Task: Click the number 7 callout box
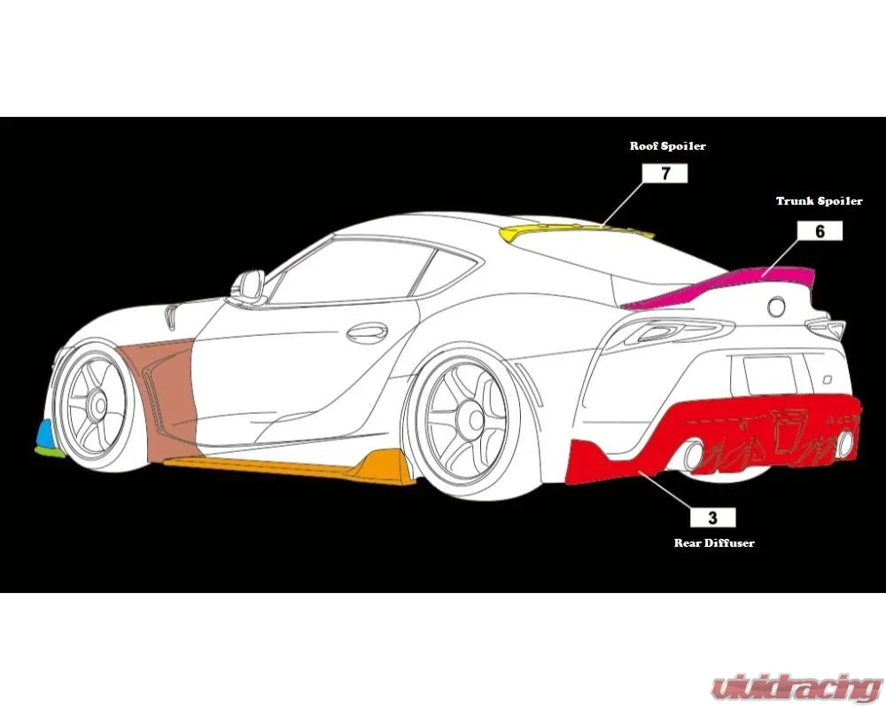click(665, 174)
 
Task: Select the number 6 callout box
click(820, 230)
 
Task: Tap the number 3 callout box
click(713, 518)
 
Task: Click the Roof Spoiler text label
click(668, 146)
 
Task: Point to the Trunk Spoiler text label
click(820, 200)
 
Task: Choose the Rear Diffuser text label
click(714, 542)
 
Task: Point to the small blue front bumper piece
click(44, 432)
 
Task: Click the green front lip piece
click(50, 451)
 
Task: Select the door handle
click(367, 332)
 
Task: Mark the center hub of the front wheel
click(99, 404)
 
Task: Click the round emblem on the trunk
click(776, 306)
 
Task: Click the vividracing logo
click(797, 689)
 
